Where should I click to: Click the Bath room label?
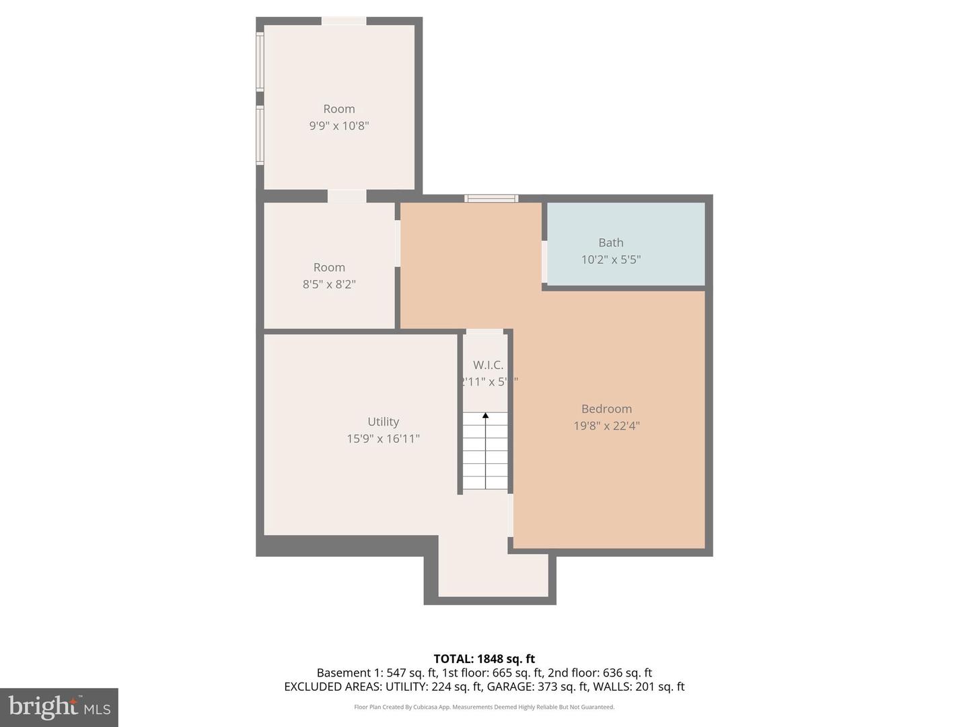point(610,242)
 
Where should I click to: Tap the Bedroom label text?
point(606,409)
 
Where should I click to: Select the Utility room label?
point(383,421)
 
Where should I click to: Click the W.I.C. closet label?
point(488,365)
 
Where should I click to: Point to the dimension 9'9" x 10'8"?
point(339,126)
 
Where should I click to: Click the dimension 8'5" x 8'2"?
point(329,284)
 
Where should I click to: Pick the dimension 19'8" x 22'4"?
point(606,425)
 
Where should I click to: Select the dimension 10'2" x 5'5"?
point(610,259)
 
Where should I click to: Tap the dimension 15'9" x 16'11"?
point(383,438)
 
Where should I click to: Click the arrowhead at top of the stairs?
point(485,416)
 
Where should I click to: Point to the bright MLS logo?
point(59,707)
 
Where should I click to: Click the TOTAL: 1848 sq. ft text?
point(484,658)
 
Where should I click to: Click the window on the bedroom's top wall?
point(491,199)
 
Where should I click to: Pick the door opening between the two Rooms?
point(347,196)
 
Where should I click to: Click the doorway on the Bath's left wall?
point(544,261)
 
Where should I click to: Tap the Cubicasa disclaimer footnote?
point(484,707)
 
